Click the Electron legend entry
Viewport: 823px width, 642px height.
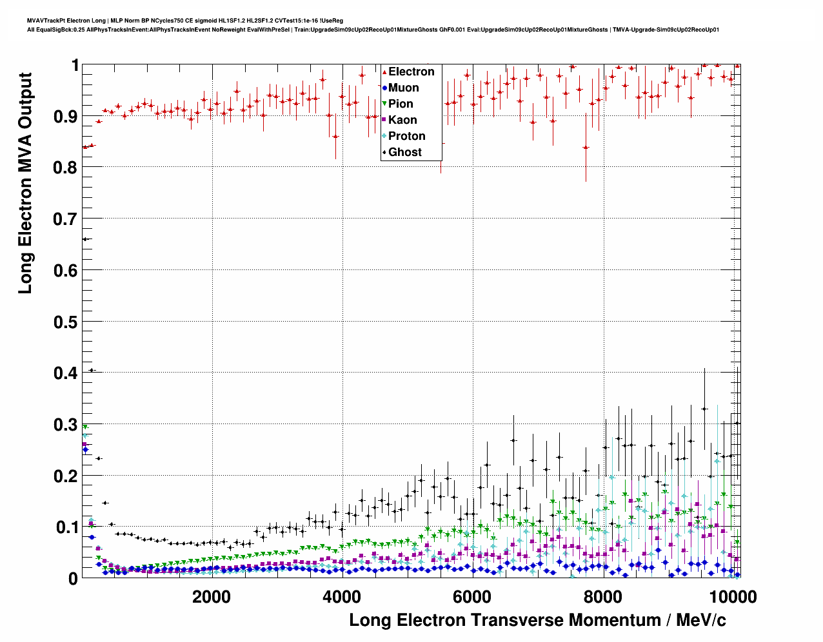(411, 72)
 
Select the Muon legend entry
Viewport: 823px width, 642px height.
(403, 88)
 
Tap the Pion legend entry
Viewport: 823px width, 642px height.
(400, 104)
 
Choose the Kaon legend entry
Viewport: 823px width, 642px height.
(402, 120)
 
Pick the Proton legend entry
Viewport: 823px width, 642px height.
(406, 136)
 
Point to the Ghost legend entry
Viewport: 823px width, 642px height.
(404, 152)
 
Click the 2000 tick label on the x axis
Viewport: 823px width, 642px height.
(212, 597)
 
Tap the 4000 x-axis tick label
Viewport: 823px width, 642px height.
(342, 597)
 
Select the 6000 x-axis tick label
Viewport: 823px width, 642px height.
(472, 597)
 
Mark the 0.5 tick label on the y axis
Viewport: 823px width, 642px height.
(65, 322)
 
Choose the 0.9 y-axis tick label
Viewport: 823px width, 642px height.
(65, 116)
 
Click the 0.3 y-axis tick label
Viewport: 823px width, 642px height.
(65, 425)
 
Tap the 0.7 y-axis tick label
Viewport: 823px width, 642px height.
(65, 219)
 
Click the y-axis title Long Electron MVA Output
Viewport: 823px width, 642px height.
(25, 184)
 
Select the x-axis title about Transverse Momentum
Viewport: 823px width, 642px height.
(537, 620)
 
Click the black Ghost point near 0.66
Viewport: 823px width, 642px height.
(85, 239)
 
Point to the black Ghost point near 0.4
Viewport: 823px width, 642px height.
(92, 370)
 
